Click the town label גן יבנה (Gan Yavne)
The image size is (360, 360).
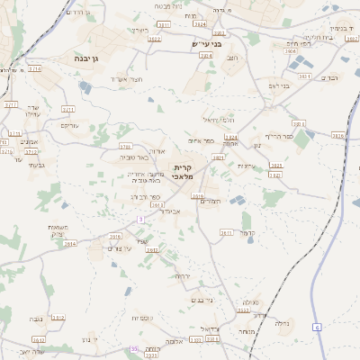click(94, 58)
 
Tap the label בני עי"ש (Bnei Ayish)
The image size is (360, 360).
click(206, 43)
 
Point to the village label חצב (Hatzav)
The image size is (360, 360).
click(233, 58)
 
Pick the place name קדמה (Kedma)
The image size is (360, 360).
click(249, 233)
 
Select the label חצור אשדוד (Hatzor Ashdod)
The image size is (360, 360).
click(125, 79)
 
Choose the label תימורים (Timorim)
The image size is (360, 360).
click(209, 202)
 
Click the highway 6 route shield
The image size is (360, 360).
click(318, 327)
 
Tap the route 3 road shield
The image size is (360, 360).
click(140, 219)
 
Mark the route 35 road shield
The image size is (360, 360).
click(134, 348)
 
